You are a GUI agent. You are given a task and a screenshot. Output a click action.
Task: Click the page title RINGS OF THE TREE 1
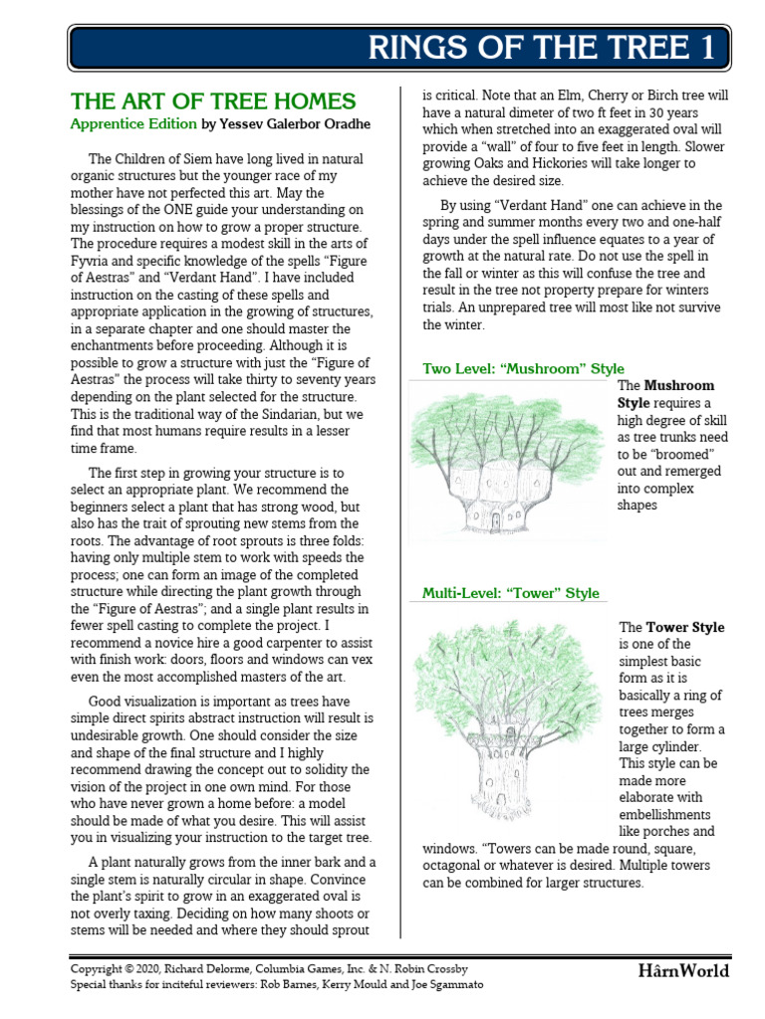(x=542, y=47)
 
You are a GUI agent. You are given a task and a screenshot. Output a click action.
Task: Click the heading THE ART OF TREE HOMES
(x=212, y=102)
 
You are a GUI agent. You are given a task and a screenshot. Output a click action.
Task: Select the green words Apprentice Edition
(x=132, y=124)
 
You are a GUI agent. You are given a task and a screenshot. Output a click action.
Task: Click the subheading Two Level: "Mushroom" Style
(x=523, y=368)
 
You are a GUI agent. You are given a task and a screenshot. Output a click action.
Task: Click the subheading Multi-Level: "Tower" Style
(x=511, y=593)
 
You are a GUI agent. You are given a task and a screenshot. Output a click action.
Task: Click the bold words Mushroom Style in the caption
(x=664, y=394)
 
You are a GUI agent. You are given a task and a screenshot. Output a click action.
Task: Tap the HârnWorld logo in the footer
(x=683, y=970)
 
